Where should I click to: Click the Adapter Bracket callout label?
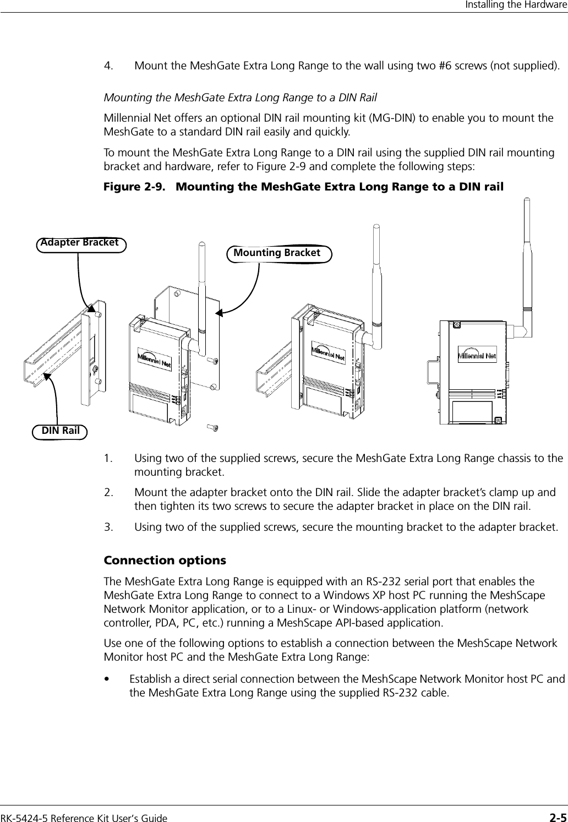click(80, 243)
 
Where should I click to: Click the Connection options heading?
click(165, 560)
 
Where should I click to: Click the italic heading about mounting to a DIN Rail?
click(241, 98)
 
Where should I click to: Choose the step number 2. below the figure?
click(110, 493)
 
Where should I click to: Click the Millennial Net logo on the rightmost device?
click(477, 355)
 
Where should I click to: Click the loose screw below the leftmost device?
click(213, 427)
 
